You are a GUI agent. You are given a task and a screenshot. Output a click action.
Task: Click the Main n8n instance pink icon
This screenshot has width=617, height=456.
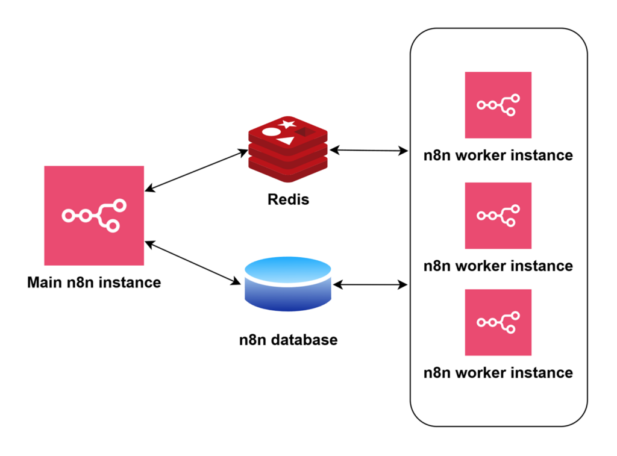pyautogui.click(x=94, y=215)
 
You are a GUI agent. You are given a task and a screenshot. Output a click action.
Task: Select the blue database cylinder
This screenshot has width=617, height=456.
pyautogui.click(x=289, y=284)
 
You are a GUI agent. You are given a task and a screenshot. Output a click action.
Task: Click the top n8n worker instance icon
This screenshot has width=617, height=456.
pyautogui.click(x=498, y=105)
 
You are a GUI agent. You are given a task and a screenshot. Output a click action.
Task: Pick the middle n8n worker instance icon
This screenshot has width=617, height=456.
pyautogui.click(x=498, y=215)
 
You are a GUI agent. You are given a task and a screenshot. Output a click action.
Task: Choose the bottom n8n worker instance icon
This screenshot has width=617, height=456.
pyautogui.click(x=498, y=322)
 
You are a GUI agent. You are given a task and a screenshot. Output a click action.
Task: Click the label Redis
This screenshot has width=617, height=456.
pyautogui.click(x=288, y=199)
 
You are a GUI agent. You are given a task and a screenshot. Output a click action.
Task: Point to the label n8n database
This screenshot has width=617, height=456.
pyautogui.click(x=288, y=340)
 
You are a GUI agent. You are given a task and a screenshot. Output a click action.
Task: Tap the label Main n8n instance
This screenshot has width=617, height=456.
pyautogui.click(x=94, y=282)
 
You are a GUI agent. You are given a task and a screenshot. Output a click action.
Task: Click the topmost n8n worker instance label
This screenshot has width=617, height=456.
pyautogui.click(x=498, y=155)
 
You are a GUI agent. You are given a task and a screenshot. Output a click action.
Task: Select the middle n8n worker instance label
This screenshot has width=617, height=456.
pyautogui.click(x=498, y=266)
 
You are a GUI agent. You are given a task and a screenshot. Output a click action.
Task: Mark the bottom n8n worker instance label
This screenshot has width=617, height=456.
pyautogui.click(x=498, y=372)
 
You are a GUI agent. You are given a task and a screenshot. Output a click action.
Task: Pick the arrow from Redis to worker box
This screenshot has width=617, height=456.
pyautogui.click(x=369, y=150)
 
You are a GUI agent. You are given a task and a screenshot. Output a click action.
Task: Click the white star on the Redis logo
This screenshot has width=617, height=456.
pyautogui.click(x=287, y=125)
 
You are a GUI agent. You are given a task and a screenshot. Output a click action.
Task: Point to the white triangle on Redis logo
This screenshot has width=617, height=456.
pyautogui.click(x=286, y=141)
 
